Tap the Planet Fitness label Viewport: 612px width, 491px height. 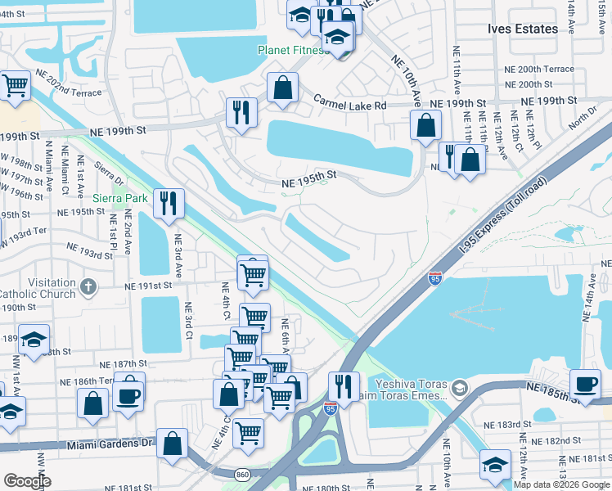coord(291,50)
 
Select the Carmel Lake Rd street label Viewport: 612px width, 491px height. coord(349,103)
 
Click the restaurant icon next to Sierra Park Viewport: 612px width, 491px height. coord(169,203)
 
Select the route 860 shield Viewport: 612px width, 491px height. coord(242,474)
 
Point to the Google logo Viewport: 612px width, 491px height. coord(27,481)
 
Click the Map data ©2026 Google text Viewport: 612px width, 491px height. coord(561,484)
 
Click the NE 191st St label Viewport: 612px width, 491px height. coord(148,286)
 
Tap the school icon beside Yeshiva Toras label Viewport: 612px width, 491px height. coord(460,385)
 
